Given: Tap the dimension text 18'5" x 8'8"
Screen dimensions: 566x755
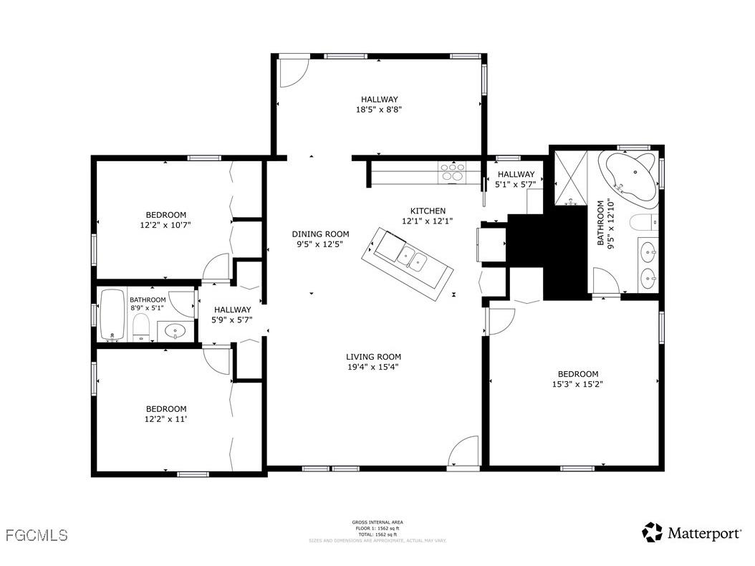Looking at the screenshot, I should [x=379, y=110].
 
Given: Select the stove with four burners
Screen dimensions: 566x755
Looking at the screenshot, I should [x=452, y=173].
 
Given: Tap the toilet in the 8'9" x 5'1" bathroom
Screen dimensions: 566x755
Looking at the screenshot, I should [x=141, y=328].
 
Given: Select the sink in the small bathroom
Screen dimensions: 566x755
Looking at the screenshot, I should [x=175, y=331].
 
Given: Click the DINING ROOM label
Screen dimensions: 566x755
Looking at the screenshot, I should [x=320, y=234].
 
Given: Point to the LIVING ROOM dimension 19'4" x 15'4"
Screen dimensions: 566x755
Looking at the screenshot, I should [x=373, y=367].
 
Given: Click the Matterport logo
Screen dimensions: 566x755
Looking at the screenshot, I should [x=692, y=532].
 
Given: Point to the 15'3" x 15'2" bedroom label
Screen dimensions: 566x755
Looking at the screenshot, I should [x=577, y=383].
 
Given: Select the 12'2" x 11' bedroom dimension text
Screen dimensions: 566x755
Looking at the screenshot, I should [x=165, y=419].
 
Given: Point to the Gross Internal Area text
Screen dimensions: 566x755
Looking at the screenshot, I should [x=377, y=522].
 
